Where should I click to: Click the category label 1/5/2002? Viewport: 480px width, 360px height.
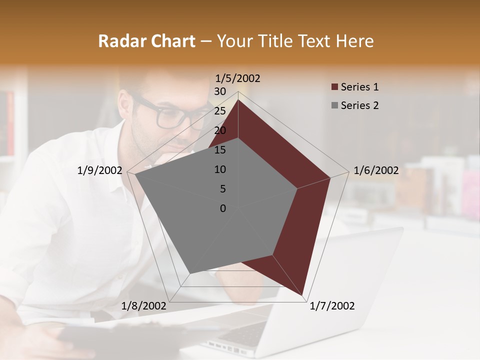point(238,78)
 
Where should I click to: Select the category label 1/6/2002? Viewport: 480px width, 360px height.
point(376,170)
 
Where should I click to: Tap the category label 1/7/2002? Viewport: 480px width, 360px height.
point(332,306)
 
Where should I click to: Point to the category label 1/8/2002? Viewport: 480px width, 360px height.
point(143,306)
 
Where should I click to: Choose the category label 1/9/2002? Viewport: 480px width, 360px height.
point(99,170)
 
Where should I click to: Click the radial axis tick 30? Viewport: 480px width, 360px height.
point(220,91)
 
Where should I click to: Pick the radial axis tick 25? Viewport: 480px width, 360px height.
point(220,111)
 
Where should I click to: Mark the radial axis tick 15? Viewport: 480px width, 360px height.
point(220,150)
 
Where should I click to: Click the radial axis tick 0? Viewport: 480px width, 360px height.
point(223,208)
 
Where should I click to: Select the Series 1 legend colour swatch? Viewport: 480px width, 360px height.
point(334,87)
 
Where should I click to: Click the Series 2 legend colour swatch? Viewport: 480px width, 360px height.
point(334,105)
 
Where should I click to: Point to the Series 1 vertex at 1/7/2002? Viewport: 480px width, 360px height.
point(303,296)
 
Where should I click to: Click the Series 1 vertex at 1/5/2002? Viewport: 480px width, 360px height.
point(238,99)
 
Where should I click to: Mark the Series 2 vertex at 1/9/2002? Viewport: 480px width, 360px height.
point(135,174)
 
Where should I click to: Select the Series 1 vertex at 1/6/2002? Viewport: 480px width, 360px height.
point(330,177)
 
